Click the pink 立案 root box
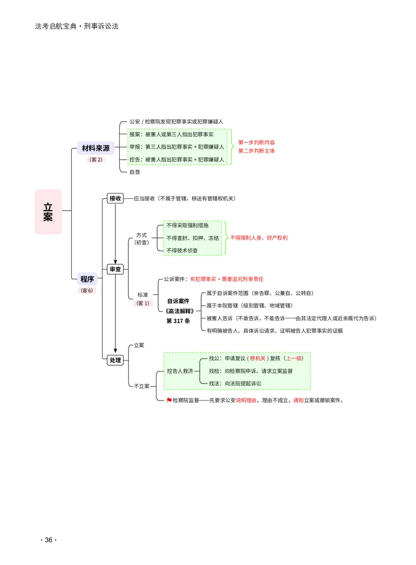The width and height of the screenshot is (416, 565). coord(48,212)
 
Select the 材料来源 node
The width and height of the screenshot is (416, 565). coord(96,148)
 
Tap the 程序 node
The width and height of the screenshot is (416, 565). coord(87,279)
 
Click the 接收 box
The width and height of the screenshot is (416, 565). coord(115,198)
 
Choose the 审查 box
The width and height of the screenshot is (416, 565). coord(115,269)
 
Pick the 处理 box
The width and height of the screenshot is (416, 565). coord(115,360)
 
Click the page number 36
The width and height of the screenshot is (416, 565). coord(49,540)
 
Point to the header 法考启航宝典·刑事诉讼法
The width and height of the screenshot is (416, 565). coord(77,27)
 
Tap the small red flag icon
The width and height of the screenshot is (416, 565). coord(169,400)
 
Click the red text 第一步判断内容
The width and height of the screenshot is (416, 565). coord(256,143)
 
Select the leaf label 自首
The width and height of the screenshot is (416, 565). coord(135,172)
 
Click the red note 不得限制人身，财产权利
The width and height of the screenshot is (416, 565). coord(259,238)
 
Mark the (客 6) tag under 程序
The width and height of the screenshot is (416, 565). coord(87,290)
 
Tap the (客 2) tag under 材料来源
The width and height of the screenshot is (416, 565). coord(96,159)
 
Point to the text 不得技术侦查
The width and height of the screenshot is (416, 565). coord(182,250)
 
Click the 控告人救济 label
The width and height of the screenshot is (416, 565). coord(180,371)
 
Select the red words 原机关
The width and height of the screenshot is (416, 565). coord(257,358)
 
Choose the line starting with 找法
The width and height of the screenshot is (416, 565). coord(235,383)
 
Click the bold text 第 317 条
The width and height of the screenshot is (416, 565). coord(178,320)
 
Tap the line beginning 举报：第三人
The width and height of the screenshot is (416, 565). coord(177,147)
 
